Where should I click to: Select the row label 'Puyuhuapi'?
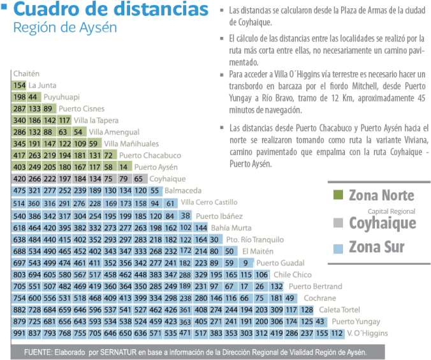pos(61,97)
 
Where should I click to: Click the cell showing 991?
pos(18,333)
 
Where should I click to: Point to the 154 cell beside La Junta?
pos(18,85)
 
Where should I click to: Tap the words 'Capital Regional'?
pos(391,210)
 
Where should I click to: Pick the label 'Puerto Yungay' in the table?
pos(356,321)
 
